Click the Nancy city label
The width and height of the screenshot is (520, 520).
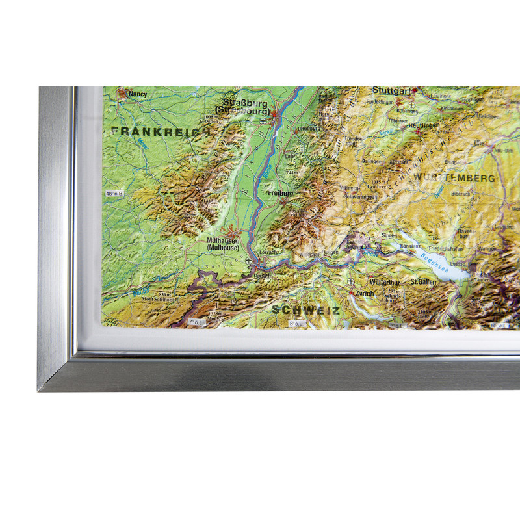click(138, 94)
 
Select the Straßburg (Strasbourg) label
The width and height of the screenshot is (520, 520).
click(245, 106)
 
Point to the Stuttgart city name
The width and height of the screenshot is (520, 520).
click(392, 91)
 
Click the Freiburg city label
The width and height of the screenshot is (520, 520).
click(280, 194)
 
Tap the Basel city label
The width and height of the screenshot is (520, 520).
click(263, 276)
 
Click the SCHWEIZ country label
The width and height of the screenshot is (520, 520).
click(306, 310)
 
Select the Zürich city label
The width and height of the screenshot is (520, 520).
click(365, 294)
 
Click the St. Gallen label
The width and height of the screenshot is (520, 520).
click(422, 282)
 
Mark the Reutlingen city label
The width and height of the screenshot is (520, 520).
click(425, 125)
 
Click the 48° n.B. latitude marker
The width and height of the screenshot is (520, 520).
click(114, 194)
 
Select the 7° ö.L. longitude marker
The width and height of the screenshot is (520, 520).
click(195, 322)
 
